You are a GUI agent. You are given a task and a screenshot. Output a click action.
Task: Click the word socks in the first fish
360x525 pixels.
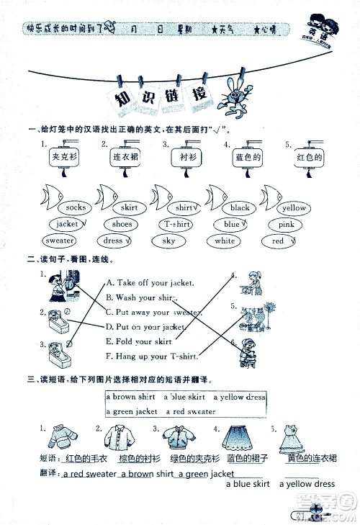click(x=76, y=208)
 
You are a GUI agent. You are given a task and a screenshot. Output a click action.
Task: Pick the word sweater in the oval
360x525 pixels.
click(x=60, y=241)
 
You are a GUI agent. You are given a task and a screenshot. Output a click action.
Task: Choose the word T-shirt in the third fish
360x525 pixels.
click(x=174, y=225)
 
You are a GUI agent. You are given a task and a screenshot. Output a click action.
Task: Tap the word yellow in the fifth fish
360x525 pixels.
click(x=293, y=208)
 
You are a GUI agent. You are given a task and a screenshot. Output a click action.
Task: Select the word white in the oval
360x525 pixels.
click(x=225, y=241)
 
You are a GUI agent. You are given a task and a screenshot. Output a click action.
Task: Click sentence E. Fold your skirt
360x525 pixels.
click(x=139, y=342)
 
